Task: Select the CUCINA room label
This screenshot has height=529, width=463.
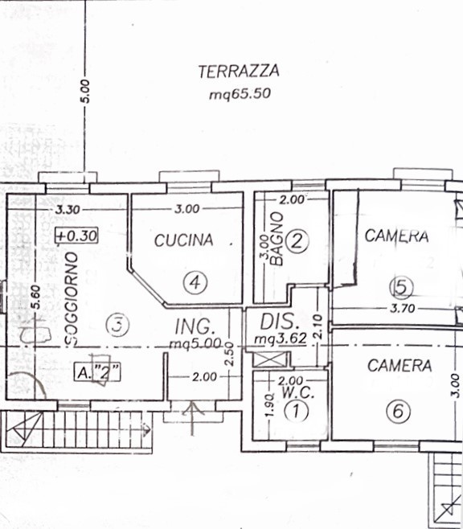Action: (184, 240)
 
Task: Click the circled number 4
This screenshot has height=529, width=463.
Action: (195, 281)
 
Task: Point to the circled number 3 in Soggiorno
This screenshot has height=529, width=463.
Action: (117, 326)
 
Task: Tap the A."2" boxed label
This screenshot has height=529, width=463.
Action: (96, 371)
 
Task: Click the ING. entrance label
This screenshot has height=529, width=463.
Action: (195, 326)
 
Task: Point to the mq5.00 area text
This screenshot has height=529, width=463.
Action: (195, 342)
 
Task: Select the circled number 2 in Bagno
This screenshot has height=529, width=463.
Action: (297, 240)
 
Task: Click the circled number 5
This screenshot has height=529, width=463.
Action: (399, 285)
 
